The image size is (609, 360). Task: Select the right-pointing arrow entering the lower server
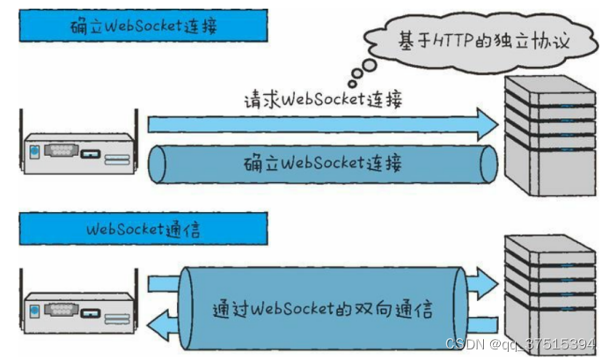485,283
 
